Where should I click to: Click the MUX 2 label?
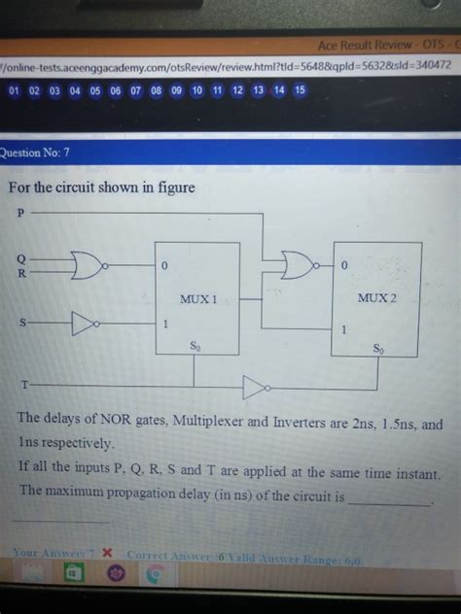pos(378,296)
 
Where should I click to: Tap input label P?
pos(18,212)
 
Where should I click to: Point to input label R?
pos(19,274)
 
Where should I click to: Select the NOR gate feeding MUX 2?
pos(297,263)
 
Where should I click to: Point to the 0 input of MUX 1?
pos(166,265)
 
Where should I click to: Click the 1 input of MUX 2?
pos(344,330)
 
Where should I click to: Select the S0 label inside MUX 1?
pos(195,346)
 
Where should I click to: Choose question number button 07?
pos(135,90)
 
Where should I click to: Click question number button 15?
pos(300,90)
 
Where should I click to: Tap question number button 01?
pos(14,90)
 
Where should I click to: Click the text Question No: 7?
pos(37,152)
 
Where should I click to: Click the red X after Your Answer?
pos(108,553)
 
